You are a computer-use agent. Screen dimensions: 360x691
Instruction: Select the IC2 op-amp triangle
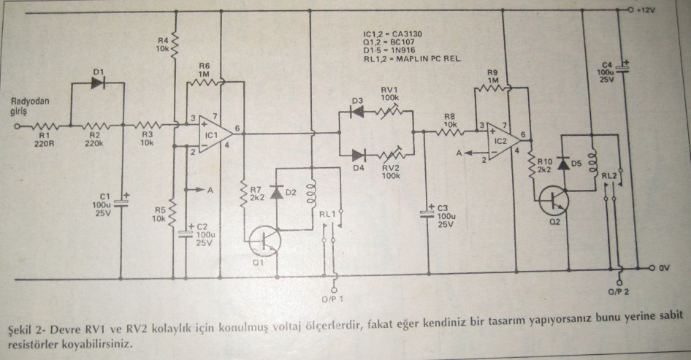[x=500, y=139]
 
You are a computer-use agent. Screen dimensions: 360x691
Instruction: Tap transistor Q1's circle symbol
[x=261, y=240]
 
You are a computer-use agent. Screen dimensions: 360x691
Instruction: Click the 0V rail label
[x=663, y=268]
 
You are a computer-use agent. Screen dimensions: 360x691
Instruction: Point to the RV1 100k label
[x=389, y=92]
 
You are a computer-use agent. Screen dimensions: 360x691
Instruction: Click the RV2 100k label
[x=389, y=171]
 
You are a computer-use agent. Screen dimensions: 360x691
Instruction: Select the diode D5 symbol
[x=563, y=164]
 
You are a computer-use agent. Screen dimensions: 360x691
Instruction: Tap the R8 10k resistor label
[x=448, y=120]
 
